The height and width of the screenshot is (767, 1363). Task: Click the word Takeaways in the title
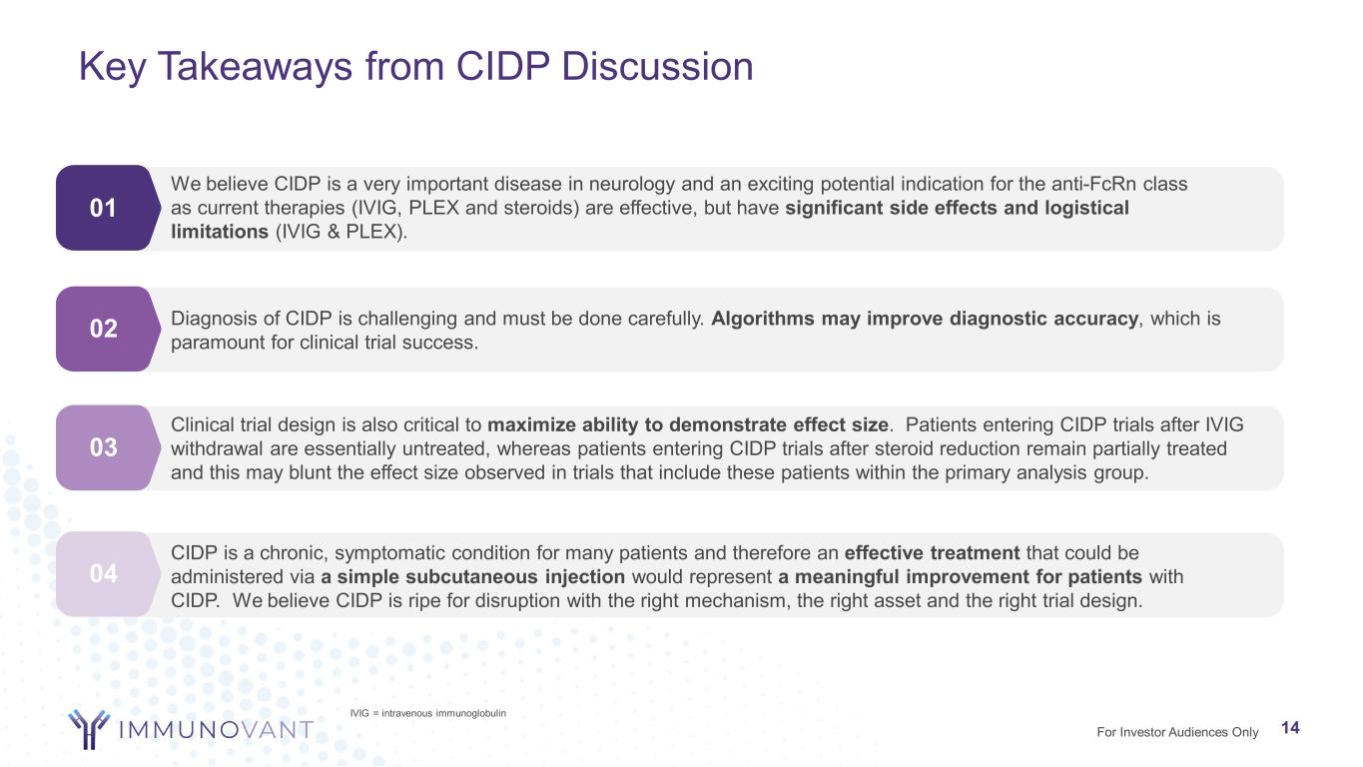pyautogui.click(x=255, y=66)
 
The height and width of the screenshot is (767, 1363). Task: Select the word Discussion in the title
pyautogui.click(x=657, y=66)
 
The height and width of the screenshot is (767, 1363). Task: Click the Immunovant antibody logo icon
pyautogui.click(x=89, y=729)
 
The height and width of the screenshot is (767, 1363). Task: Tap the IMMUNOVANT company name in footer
pyautogui.click(x=216, y=730)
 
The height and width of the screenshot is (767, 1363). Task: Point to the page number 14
pyautogui.click(x=1290, y=728)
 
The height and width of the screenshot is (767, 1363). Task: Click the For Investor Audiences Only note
pyautogui.click(x=1177, y=732)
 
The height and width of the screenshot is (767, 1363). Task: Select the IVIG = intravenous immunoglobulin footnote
pyautogui.click(x=427, y=713)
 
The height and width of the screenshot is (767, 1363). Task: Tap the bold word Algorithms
pyautogui.click(x=763, y=319)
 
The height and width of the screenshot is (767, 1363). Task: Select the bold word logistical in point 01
pyautogui.click(x=1086, y=209)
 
